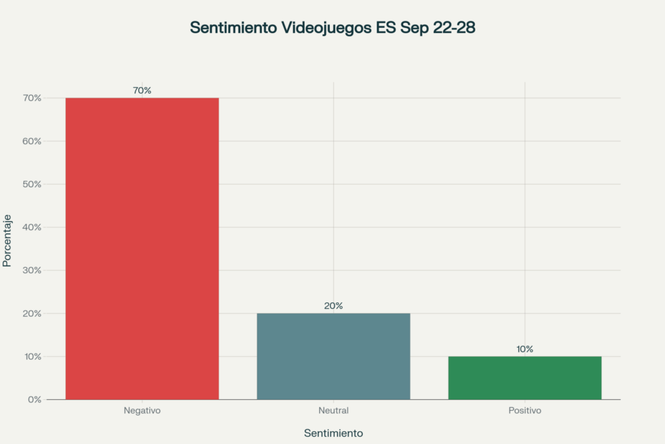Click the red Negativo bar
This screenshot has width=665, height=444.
tap(142, 248)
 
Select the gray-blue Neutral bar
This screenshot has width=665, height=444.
tap(333, 356)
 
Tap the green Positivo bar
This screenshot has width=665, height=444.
tap(525, 378)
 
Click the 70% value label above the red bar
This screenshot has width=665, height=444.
tap(142, 90)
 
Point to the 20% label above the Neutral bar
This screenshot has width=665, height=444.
tap(333, 306)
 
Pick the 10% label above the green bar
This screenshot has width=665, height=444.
tap(525, 349)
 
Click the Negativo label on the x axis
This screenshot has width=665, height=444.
tap(142, 411)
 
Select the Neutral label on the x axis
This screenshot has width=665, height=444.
tap(333, 411)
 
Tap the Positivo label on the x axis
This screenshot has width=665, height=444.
tap(525, 411)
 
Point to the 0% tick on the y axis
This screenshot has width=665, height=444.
tap(33, 399)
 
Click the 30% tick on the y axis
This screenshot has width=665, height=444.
tap(31, 270)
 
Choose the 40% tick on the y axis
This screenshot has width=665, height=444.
tap(31, 228)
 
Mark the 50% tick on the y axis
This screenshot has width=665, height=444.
tap(31, 184)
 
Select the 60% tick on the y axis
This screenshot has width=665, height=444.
tap(31, 141)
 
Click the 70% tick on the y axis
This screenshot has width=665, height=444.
tap(31, 98)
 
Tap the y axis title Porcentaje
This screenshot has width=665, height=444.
tap(7, 241)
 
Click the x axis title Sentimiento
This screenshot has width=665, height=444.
tap(333, 433)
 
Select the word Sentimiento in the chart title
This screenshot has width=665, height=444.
tap(232, 28)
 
